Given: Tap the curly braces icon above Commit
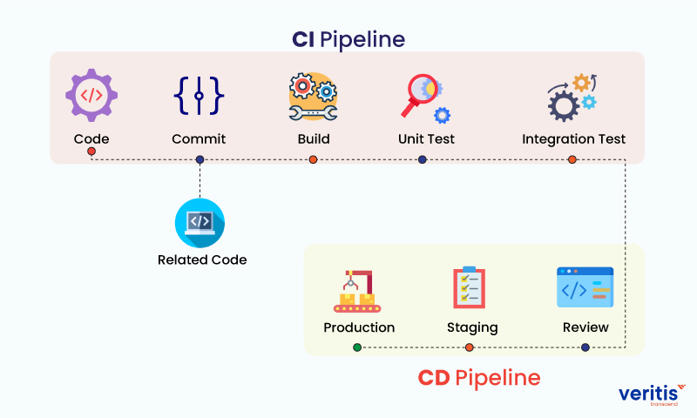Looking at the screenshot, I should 199,95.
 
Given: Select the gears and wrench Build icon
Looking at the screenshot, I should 313,96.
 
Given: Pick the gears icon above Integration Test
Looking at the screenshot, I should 572,97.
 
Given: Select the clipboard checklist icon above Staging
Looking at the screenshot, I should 469,288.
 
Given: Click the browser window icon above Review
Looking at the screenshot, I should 585,288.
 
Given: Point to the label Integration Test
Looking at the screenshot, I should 573,139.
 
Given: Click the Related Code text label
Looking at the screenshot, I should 202,260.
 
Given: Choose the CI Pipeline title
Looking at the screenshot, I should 348,39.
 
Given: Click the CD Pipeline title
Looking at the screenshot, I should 478,378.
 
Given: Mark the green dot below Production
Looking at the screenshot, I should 357,347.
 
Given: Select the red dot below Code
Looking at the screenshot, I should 91,152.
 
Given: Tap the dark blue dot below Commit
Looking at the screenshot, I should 200,159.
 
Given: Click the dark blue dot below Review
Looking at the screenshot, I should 585,347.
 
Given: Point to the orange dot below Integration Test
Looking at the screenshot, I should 572,159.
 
